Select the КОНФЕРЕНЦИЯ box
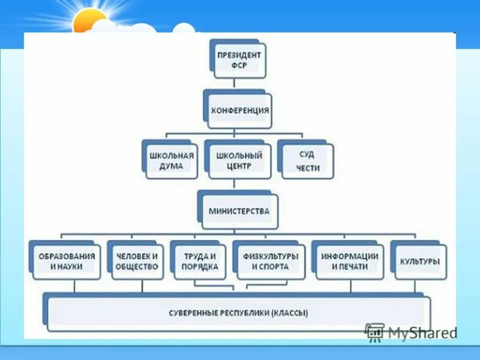(239, 111)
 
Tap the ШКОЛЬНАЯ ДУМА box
(172, 160)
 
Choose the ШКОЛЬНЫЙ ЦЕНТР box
(239, 160)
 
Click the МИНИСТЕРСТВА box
(239, 211)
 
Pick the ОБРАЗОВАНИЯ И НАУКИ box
(66, 262)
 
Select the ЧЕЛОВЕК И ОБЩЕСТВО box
(137, 262)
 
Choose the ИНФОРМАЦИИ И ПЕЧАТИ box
(349, 262)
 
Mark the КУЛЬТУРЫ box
(419, 262)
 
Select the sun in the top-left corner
(90, 23)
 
